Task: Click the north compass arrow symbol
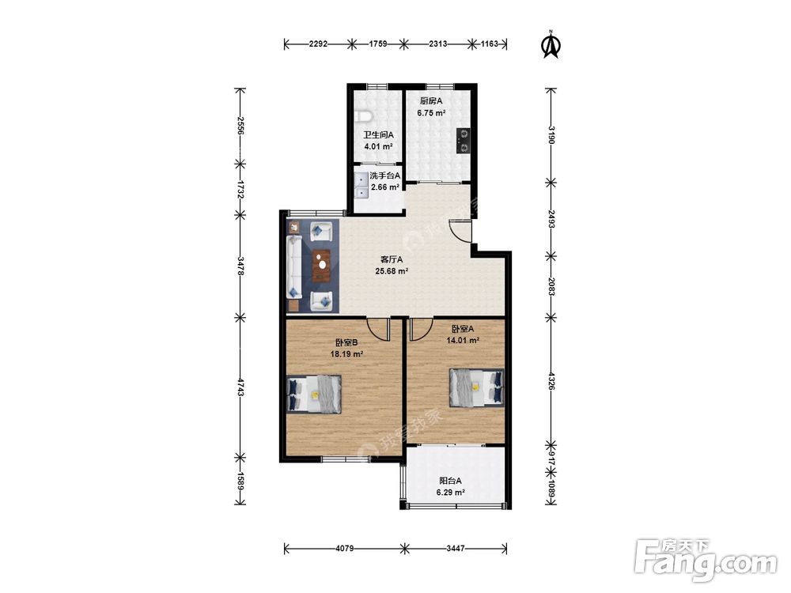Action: pyautogui.click(x=551, y=45)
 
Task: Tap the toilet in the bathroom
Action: pyautogui.click(x=363, y=116)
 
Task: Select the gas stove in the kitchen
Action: pyautogui.click(x=463, y=141)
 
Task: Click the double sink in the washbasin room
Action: pyautogui.click(x=361, y=186)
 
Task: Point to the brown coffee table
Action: pyautogui.click(x=321, y=265)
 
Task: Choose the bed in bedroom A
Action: pyautogui.click(x=477, y=387)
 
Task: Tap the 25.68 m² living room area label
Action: pyautogui.click(x=392, y=270)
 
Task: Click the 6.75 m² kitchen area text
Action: pyautogui.click(x=431, y=113)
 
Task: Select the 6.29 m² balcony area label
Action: pyautogui.click(x=451, y=493)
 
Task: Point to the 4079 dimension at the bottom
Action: pyautogui.click(x=344, y=548)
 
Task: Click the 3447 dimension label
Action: pyautogui.click(x=456, y=548)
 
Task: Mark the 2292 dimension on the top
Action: pyautogui.click(x=318, y=43)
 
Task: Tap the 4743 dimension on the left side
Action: pyautogui.click(x=240, y=387)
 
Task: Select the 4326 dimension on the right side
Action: pyautogui.click(x=551, y=381)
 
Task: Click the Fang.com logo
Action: pyautogui.click(x=706, y=559)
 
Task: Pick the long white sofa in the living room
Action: pyautogui.click(x=293, y=266)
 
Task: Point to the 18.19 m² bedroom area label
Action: pyautogui.click(x=347, y=354)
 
